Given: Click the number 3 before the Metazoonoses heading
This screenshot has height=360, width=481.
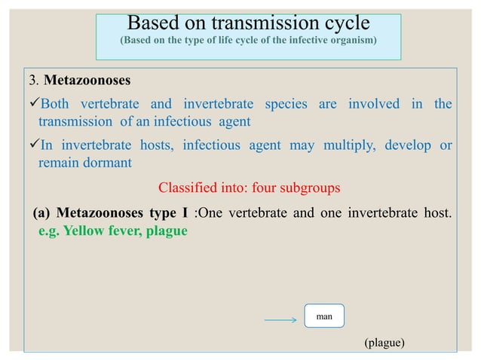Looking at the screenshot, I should coord(32,81).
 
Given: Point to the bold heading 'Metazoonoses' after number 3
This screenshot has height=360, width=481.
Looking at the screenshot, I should coord(81,81).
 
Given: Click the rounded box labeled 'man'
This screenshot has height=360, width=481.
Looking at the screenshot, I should coord(324,317).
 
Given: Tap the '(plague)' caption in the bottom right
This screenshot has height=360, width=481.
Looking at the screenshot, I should coord(384,343).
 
